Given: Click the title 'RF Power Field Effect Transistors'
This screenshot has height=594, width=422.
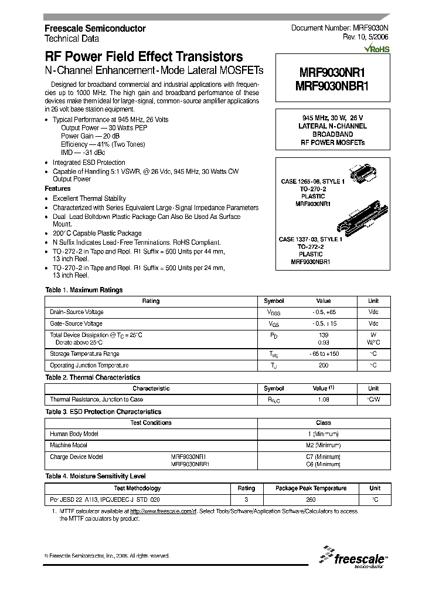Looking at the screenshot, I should [144, 57].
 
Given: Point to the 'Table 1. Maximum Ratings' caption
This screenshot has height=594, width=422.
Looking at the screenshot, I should [84, 290].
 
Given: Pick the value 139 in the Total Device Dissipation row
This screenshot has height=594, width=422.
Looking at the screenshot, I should [323, 334].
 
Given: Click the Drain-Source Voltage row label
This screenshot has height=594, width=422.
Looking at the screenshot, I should [77, 312].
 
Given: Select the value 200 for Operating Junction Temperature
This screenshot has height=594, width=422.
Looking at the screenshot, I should [323, 365].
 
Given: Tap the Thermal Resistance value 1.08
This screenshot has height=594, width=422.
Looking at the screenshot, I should [323, 399].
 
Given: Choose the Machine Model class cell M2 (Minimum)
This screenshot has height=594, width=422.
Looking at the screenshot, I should [323, 445].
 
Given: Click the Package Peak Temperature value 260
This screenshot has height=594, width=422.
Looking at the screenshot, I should [311, 500].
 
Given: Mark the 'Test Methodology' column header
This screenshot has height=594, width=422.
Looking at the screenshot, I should [137, 488].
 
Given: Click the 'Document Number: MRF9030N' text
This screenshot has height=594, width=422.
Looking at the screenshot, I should [339, 28].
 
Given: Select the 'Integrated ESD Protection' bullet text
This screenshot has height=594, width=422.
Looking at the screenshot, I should [89, 163].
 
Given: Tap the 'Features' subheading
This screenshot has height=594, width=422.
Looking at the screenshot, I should [57, 188].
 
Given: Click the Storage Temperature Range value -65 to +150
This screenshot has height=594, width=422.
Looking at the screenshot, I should [323, 354].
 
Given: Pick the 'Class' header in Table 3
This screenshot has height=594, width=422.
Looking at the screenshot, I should [323, 423].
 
